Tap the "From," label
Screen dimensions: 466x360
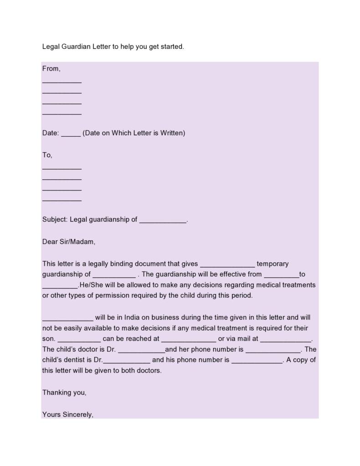(x=51, y=68)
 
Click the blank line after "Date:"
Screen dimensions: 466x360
(x=71, y=134)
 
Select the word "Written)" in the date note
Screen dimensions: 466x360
(x=173, y=133)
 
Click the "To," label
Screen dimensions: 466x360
(x=47, y=155)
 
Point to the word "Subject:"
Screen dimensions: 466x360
(x=55, y=219)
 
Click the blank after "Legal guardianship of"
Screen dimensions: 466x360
(x=163, y=221)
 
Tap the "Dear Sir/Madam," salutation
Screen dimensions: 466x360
(x=69, y=242)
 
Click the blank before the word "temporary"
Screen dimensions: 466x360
(x=227, y=265)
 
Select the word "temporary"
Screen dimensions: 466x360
(x=273, y=264)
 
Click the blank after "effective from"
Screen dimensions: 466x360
(x=281, y=275)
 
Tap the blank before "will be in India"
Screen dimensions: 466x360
(x=67, y=319)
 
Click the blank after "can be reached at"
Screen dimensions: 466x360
(x=189, y=340)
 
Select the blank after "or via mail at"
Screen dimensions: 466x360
(x=285, y=340)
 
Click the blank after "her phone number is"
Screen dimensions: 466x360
(x=273, y=351)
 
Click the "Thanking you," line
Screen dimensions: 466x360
(x=64, y=392)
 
